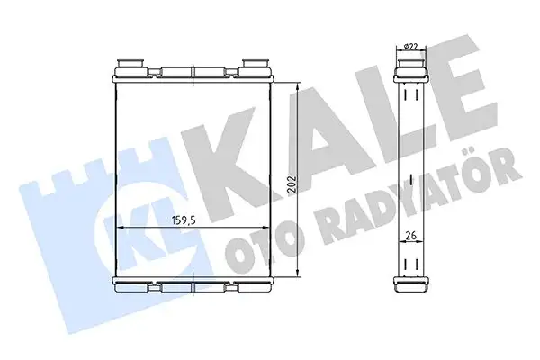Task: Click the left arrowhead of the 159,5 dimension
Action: click(x=123, y=229)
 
